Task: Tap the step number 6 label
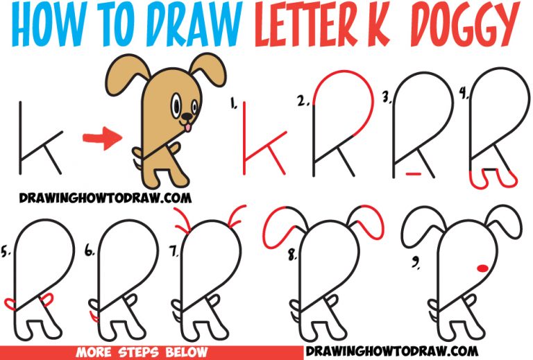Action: (90, 254)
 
